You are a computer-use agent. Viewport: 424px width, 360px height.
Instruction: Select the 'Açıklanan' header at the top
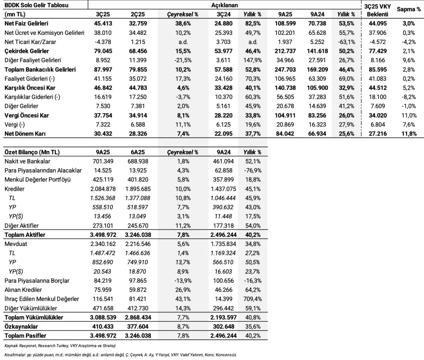(224, 5)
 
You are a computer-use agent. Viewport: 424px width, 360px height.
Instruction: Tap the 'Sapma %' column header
(409, 9)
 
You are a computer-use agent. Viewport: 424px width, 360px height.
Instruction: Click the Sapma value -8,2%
(409, 97)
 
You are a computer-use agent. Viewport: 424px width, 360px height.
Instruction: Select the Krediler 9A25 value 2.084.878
(103, 189)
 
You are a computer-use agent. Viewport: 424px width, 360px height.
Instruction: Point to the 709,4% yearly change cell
(253, 299)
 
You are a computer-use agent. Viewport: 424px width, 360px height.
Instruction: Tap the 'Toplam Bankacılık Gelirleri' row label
(40, 69)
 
